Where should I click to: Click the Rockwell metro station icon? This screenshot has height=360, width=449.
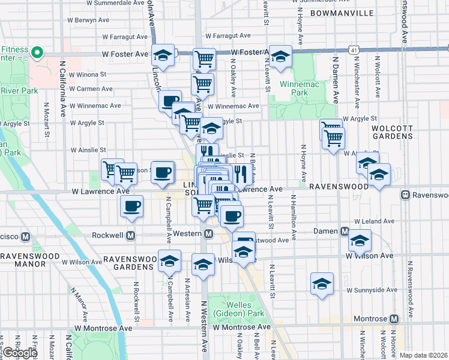[x=129, y=233]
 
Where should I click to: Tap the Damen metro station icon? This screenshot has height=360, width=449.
[x=345, y=232]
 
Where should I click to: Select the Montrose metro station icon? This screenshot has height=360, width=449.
[x=394, y=319]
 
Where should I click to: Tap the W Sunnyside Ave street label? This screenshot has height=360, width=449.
[x=370, y=290]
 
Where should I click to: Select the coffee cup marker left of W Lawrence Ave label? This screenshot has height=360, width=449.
[x=132, y=207]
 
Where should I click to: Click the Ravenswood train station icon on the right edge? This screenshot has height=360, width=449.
[x=406, y=195]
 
